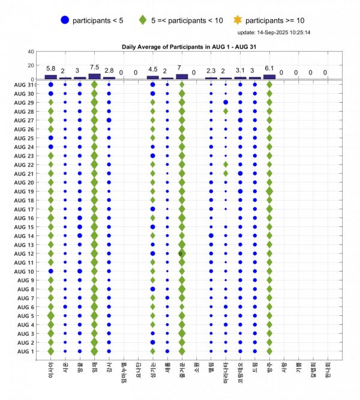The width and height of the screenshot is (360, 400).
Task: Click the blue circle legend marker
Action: (65, 20)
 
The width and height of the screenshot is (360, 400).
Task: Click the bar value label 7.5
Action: (94, 67)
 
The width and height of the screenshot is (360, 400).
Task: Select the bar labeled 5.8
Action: (51, 76)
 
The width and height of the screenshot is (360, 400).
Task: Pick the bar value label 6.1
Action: (269, 68)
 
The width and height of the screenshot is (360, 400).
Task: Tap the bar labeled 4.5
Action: (153, 77)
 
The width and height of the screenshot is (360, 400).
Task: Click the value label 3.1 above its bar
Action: (240, 70)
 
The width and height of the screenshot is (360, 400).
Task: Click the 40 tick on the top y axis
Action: (31, 52)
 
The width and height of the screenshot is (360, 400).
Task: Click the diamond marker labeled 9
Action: (182, 253)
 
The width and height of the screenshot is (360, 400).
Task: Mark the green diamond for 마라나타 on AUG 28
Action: (226, 111)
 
